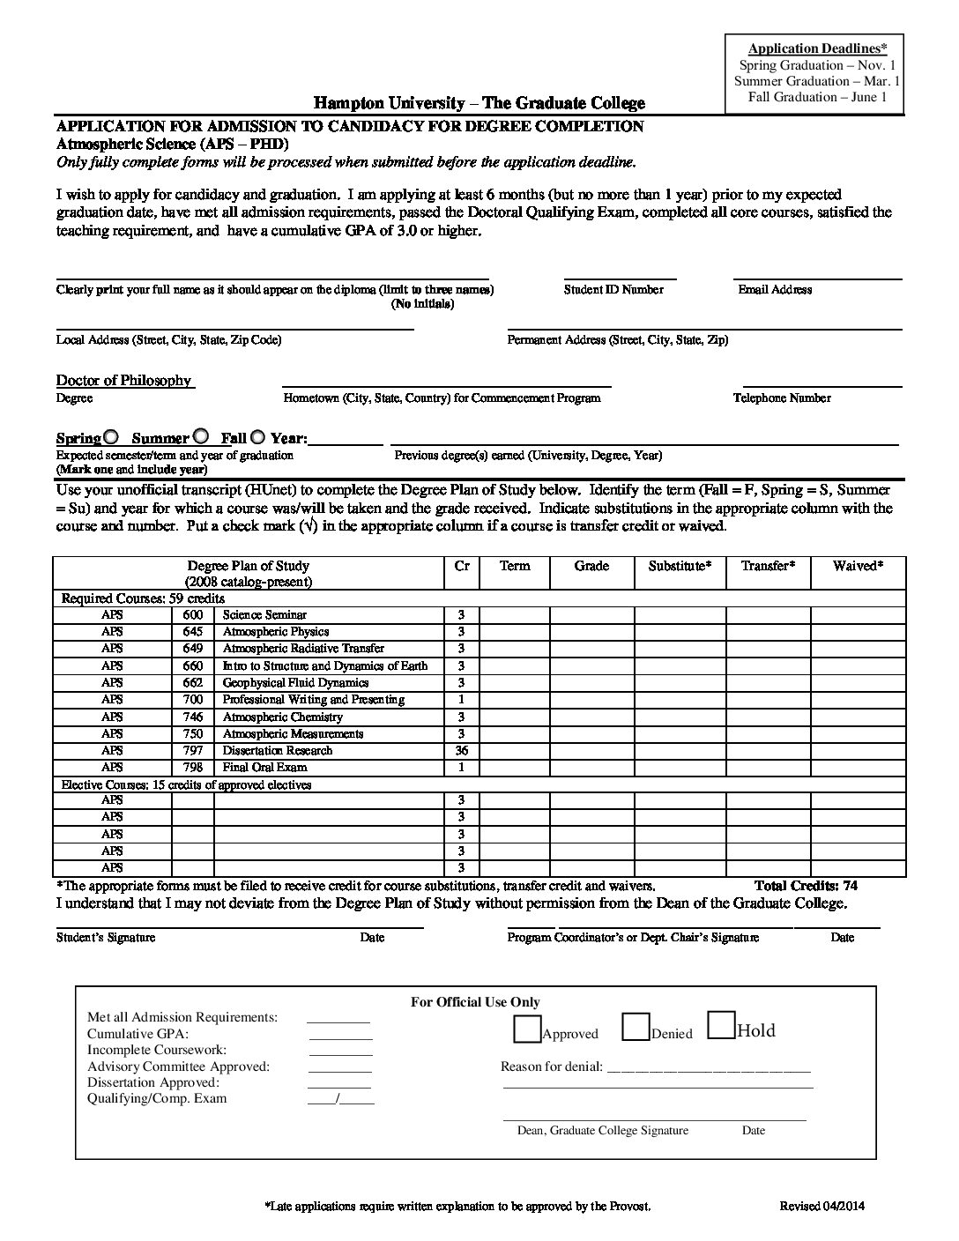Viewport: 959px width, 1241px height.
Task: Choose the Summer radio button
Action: coord(201,436)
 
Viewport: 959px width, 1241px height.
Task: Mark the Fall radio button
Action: coord(258,436)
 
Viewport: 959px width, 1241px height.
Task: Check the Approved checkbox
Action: coord(528,1028)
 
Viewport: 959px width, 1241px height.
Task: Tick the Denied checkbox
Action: coord(636,1028)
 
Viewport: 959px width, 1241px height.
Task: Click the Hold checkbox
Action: coord(721,1026)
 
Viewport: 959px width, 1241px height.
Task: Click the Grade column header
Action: coord(591,566)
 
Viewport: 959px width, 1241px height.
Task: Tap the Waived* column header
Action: coord(858,566)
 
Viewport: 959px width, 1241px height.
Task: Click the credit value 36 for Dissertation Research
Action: coord(461,751)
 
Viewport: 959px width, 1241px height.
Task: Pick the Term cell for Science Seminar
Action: coord(514,615)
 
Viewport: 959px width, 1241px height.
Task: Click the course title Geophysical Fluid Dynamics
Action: coord(295,683)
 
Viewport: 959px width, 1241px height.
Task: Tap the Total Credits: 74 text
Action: coord(806,886)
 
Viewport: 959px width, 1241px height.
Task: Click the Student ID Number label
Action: coord(613,290)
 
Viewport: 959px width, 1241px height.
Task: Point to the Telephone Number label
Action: coord(782,398)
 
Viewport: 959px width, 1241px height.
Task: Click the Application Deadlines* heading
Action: coord(818,48)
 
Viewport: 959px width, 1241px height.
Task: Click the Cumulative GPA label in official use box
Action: coord(138,1034)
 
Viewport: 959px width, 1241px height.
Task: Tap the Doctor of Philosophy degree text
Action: coord(123,381)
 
